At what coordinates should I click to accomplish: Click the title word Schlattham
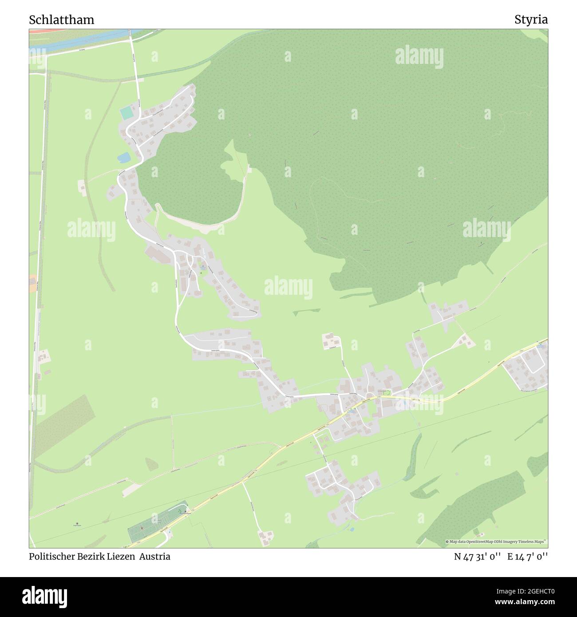point(61,20)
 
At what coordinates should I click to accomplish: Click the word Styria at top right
point(531,20)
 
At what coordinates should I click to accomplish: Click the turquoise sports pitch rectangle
point(127,113)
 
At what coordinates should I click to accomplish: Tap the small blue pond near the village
point(124,157)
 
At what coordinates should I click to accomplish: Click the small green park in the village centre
point(384,392)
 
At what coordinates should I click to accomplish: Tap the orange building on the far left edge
point(32,283)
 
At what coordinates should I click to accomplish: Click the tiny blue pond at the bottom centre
point(352,530)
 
